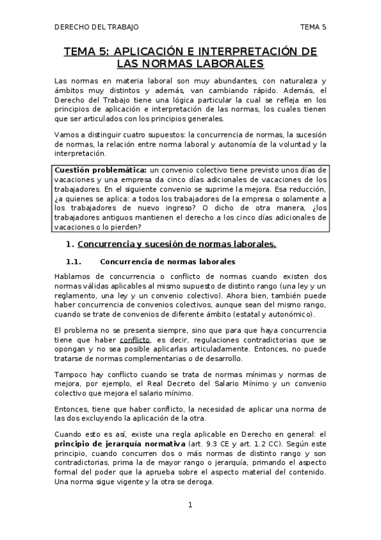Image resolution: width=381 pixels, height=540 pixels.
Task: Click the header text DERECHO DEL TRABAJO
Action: click(96, 27)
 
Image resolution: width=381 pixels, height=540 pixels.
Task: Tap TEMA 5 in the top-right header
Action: click(313, 27)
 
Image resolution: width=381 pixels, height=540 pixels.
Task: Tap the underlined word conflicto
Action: click(134, 340)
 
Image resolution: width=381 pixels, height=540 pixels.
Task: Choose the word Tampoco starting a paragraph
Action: click(71, 374)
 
